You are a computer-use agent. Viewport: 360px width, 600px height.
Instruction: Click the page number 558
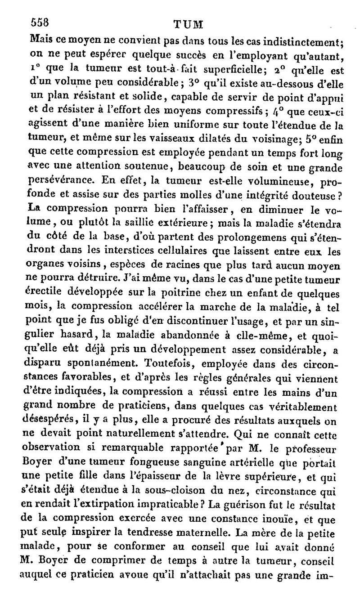click(39, 22)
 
